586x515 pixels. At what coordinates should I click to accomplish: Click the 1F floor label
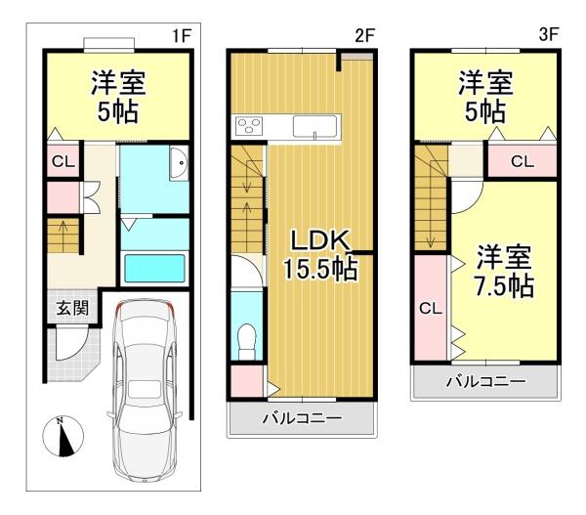181,35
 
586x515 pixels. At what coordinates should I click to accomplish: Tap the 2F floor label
364,35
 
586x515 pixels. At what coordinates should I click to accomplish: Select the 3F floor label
547,35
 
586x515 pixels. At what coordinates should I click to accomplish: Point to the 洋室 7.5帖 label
504,273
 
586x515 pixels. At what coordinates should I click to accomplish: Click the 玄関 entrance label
70,309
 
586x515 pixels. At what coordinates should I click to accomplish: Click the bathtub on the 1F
155,267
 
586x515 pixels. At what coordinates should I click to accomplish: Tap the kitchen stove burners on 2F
249,126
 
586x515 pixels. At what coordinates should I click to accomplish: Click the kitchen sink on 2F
314,128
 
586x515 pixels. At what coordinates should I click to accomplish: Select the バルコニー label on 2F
302,419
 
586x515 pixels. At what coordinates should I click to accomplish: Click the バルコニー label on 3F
485,381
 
